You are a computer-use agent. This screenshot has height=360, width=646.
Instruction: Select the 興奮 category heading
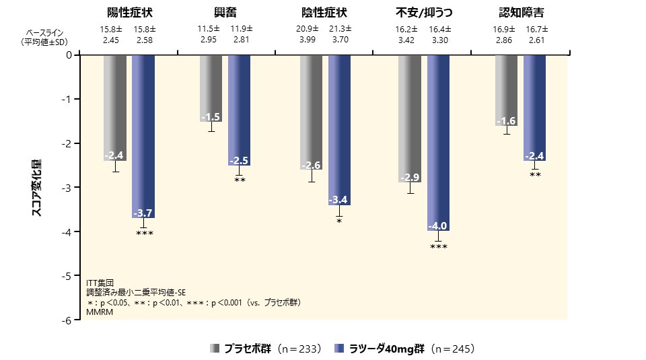pyautogui.click(x=227, y=13)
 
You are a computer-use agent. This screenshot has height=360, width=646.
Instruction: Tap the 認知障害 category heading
pyautogui.click(x=522, y=13)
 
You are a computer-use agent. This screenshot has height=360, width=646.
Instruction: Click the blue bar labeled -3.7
pyautogui.click(x=143, y=135)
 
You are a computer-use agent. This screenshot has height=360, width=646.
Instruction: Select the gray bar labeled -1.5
pyautogui.click(x=211, y=87)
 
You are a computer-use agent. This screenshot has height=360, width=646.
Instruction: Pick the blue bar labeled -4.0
pyautogui.click(x=438, y=141)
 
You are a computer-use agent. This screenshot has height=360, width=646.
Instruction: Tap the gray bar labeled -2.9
pyautogui.click(x=410, y=118)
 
